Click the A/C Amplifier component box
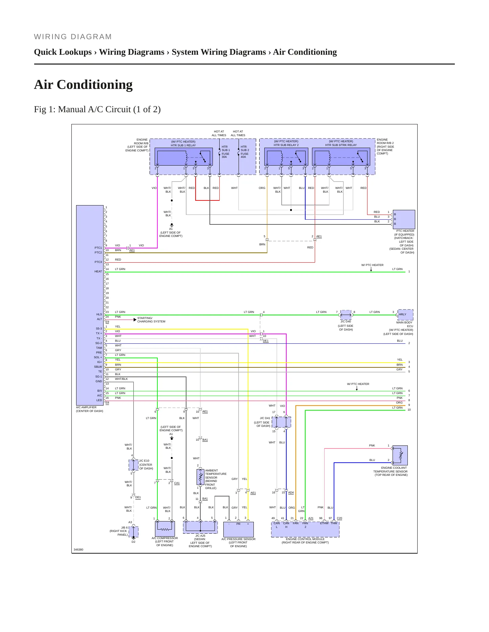(x=90, y=305)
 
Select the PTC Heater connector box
(x=404, y=219)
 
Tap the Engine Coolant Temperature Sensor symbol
(x=400, y=455)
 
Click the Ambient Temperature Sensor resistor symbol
(x=200, y=477)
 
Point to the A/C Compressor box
(x=165, y=529)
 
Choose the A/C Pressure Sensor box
(x=239, y=530)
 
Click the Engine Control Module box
(x=305, y=530)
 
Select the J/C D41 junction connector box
(x=281, y=422)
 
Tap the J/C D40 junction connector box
(x=346, y=315)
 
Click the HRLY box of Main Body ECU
(x=405, y=315)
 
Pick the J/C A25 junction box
(x=200, y=527)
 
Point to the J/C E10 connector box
(x=134, y=465)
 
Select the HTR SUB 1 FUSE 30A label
(x=225, y=152)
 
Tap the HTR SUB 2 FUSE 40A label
(x=245, y=152)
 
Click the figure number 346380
(x=79, y=550)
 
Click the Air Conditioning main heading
(x=83, y=84)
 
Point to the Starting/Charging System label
(x=151, y=320)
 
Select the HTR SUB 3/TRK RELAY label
(x=341, y=145)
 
